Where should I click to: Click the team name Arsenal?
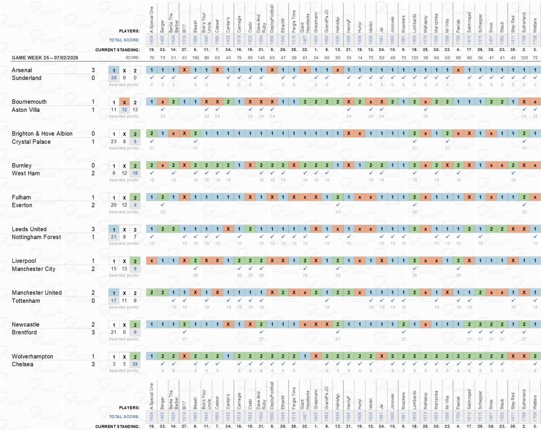[x=22, y=70]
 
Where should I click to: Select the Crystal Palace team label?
[x=31, y=142]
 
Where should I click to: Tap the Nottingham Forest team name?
[x=36, y=237]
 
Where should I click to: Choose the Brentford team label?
[x=24, y=332]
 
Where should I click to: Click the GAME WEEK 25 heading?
[x=45, y=58]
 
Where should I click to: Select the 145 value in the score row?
[x=261, y=57]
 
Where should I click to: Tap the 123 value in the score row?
[x=415, y=57]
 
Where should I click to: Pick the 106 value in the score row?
[x=196, y=57]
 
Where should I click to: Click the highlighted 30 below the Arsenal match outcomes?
[x=114, y=78]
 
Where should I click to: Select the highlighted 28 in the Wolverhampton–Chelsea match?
[x=135, y=364]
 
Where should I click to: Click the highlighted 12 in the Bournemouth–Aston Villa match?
[x=124, y=109]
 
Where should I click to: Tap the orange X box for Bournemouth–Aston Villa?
[x=124, y=103]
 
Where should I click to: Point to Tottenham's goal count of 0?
[x=93, y=301]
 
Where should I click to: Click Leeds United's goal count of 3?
[x=93, y=229]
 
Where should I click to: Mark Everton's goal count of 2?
[x=93, y=205]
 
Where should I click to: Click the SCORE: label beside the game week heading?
[x=132, y=57]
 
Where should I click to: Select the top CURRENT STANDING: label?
[x=117, y=50]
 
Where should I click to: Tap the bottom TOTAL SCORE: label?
[x=124, y=417]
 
